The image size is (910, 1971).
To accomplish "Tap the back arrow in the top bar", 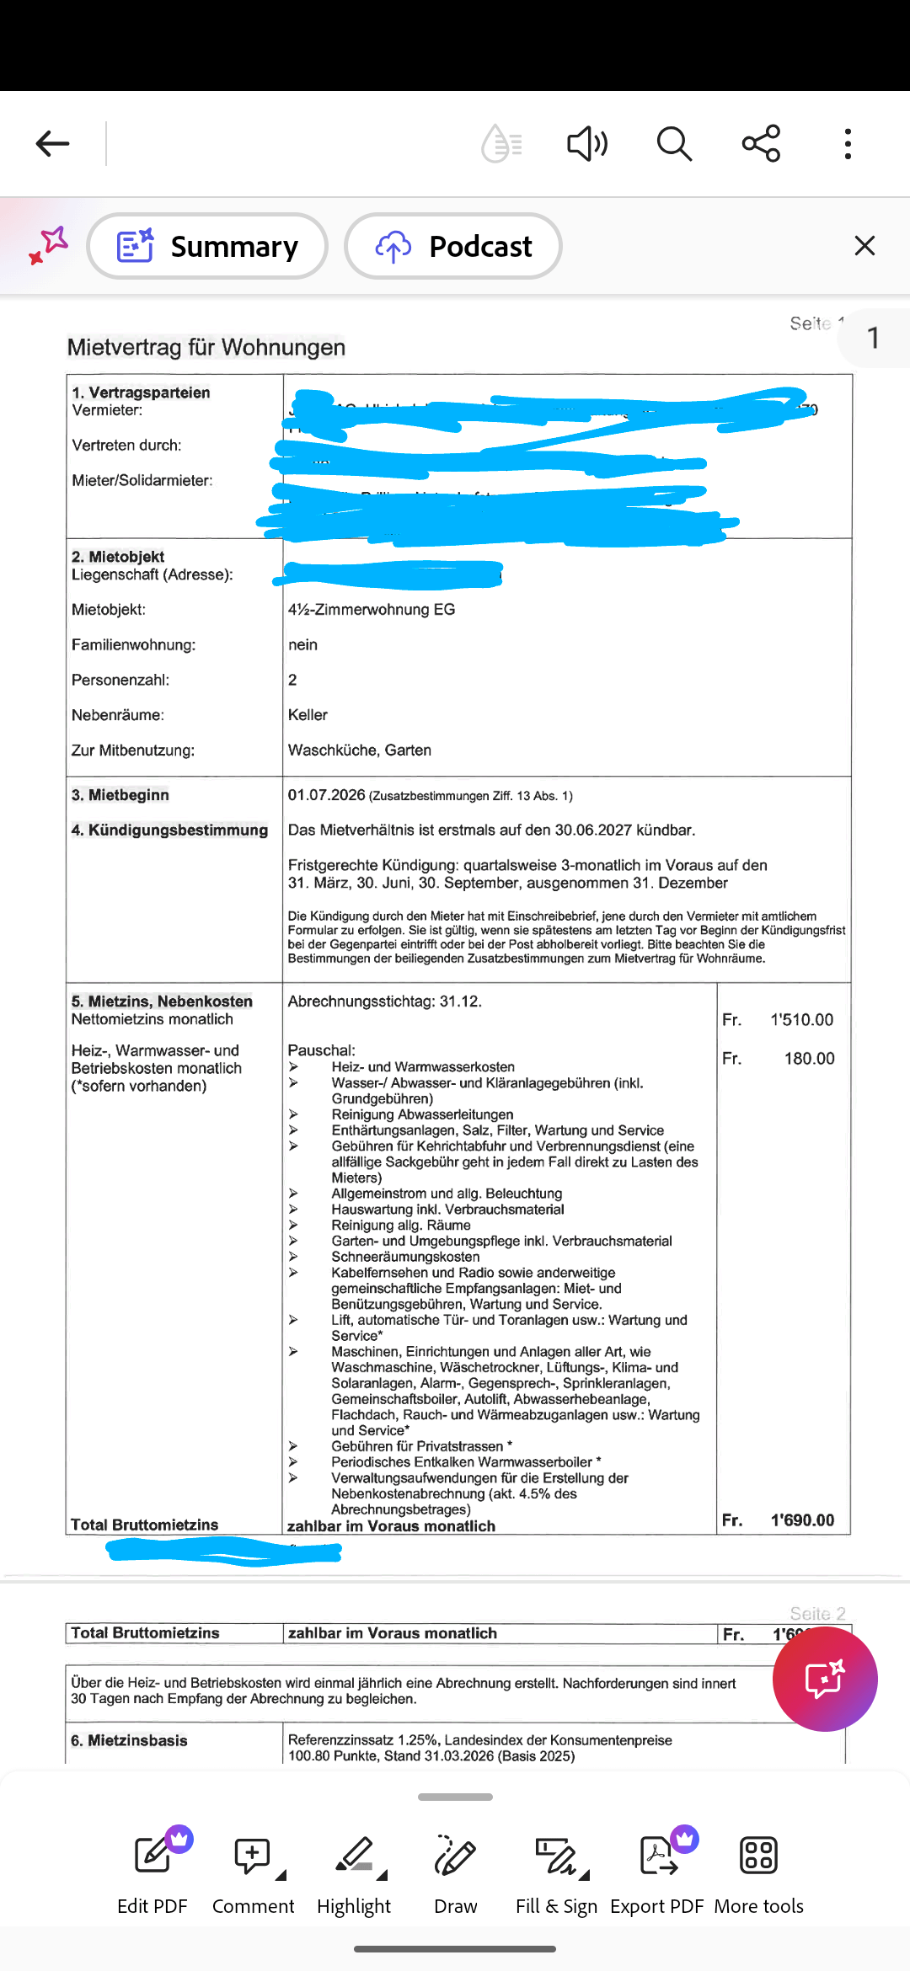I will (x=52, y=144).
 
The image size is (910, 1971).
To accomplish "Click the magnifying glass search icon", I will (x=674, y=144).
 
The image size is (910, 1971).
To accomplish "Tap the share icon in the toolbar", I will (x=761, y=144).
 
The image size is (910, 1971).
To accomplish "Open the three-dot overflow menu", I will (x=848, y=144).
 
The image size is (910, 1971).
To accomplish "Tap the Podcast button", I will (x=453, y=246).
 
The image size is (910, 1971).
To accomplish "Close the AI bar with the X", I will (x=864, y=246).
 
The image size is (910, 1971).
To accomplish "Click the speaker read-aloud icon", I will (x=586, y=144).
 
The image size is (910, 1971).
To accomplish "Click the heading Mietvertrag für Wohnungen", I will (x=206, y=347).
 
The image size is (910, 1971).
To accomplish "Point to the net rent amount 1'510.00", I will (x=801, y=1020).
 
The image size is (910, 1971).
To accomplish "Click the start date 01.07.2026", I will (x=327, y=795).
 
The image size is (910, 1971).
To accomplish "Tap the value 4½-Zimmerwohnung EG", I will (x=372, y=610).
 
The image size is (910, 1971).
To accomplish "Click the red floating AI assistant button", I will (x=825, y=1679).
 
